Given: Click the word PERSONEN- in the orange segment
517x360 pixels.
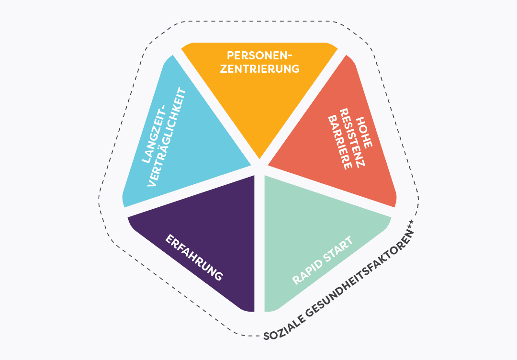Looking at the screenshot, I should coord(259,55).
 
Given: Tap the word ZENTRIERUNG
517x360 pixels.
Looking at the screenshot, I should coord(259,68).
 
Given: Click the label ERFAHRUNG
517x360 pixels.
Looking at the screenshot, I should coord(194,258).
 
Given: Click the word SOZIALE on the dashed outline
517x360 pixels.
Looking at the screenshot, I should coord(283,330).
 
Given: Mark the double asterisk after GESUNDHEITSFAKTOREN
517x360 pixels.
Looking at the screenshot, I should coord(410,231).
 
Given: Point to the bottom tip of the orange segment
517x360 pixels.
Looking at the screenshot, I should coord(259,158).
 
